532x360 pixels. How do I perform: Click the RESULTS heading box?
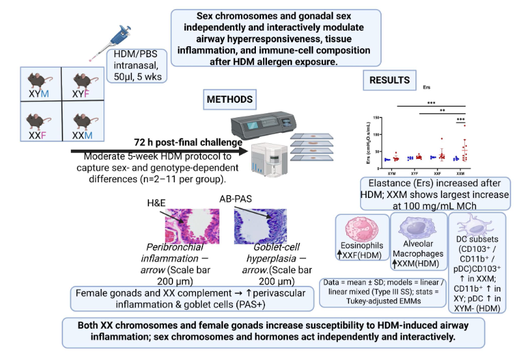tap(389, 80)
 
